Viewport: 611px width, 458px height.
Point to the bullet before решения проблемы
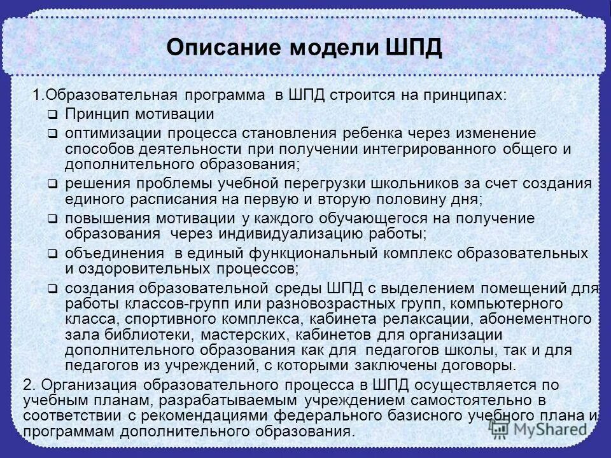click(53, 184)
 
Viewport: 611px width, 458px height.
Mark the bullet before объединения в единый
click(53, 254)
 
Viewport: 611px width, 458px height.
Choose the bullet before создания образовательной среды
click(53, 289)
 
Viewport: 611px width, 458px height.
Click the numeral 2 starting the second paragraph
click(27, 385)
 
